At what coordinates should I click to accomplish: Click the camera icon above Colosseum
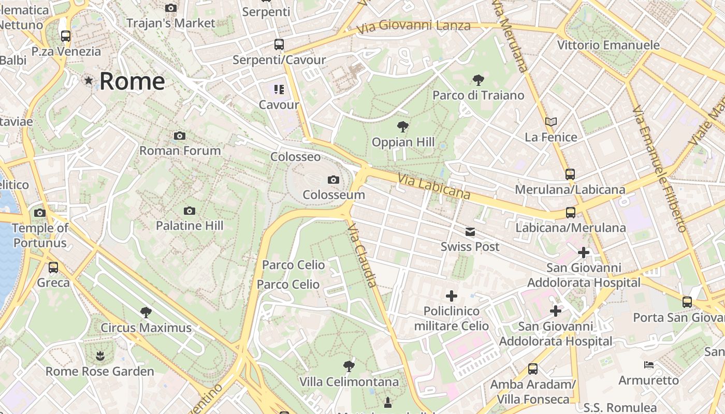(334, 180)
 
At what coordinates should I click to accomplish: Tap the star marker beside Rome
(89, 81)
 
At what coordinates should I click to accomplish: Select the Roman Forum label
(180, 151)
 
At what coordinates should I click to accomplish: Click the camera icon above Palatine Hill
(190, 211)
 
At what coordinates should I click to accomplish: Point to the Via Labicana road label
(434, 186)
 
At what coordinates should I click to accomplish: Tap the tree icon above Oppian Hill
(402, 126)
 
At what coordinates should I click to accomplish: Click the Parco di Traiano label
(478, 95)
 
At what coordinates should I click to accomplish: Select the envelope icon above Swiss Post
(470, 232)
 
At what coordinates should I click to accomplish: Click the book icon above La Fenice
(551, 122)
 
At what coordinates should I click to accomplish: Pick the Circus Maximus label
(146, 328)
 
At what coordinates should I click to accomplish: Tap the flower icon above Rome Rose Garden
(99, 356)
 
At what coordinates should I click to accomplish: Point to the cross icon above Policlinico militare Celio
(452, 296)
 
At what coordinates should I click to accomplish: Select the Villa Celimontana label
(349, 382)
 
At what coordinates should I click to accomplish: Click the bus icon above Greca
(53, 268)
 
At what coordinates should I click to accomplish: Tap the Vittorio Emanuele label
(608, 45)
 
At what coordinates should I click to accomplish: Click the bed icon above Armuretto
(649, 365)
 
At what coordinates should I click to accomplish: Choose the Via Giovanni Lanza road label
(414, 25)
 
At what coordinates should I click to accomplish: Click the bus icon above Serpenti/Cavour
(279, 45)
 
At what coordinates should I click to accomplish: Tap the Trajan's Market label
(170, 23)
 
